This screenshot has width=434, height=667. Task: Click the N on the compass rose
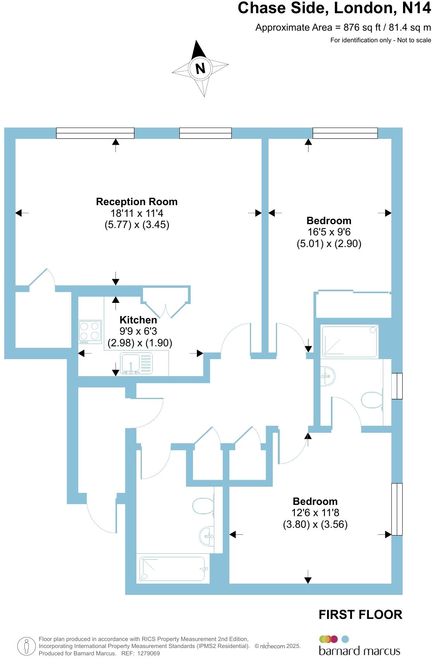click(x=200, y=69)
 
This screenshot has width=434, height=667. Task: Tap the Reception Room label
click(x=137, y=202)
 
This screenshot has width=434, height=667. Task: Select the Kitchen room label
click(x=138, y=320)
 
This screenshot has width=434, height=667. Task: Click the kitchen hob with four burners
click(x=90, y=332)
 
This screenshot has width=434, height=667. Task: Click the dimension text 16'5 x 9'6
click(x=329, y=232)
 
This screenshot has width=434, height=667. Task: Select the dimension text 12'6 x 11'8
click(x=315, y=513)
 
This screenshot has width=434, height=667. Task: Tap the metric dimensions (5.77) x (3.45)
click(x=137, y=225)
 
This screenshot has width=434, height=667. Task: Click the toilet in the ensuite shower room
click(x=372, y=400)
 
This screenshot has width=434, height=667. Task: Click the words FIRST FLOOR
click(x=360, y=615)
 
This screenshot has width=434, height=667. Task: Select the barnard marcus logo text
click(x=360, y=651)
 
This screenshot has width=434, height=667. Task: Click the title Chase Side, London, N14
click(x=334, y=8)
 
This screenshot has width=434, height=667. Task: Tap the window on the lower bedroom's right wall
click(x=397, y=509)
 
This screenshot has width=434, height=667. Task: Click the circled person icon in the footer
click(x=26, y=646)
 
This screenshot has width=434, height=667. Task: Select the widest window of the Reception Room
click(x=95, y=133)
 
